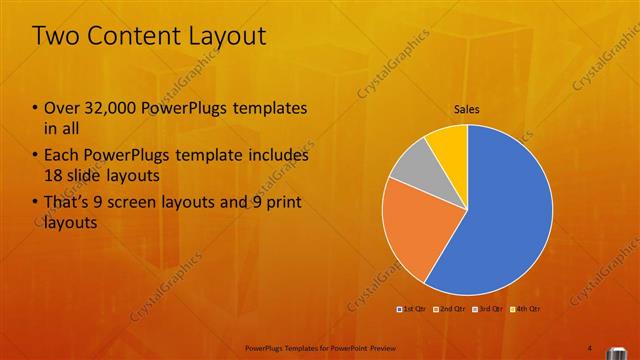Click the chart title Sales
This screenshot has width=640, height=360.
pos(467,108)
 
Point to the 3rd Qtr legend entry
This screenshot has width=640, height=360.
pos(489,309)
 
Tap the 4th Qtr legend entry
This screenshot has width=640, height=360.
pos(527,309)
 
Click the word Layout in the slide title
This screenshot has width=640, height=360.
pos(227,37)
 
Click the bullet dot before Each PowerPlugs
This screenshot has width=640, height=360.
pos(36,156)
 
